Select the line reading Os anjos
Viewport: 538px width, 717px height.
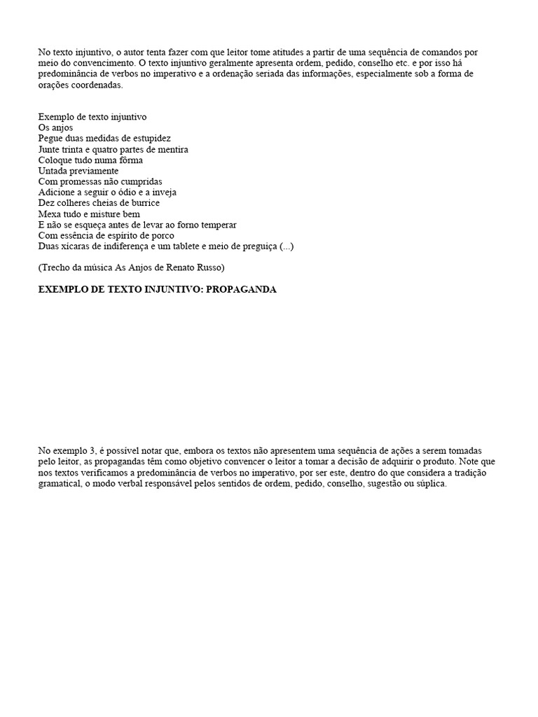pyautogui.click(x=55, y=128)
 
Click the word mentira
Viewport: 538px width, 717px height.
pyautogui.click(x=172, y=149)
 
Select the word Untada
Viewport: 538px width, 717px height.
pyautogui.click(x=53, y=171)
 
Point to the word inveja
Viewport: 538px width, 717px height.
pyautogui.click(x=162, y=192)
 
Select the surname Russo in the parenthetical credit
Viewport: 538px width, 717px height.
pyautogui.click(x=208, y=267)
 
